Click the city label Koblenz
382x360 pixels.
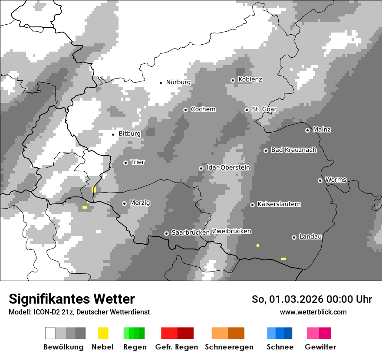(x=250, y=80)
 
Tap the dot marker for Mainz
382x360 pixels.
(x=307, y=130)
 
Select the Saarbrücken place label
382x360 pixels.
(x=191, y=233)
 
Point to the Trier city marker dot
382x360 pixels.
(x=125, y=163)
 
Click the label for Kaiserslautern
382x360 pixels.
(x=279, y=204)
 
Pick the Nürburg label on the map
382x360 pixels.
(x=178, y=82)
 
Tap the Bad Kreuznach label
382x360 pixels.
(x=293, y=150)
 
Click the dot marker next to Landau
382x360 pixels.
(x=294, y=237)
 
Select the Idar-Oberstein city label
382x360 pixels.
(x=228, y=168)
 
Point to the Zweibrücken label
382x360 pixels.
(x=231, y=232)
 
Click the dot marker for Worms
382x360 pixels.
(x=320, y=180)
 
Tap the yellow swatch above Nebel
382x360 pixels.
(x=103, y=333)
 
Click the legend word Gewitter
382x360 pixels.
(x=320, y=347)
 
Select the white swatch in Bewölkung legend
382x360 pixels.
(x=50, y=333)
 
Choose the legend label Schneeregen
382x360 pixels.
(x=229, y=347)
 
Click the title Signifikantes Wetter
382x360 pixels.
(x=72, y=299)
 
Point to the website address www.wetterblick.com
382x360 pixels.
(x=313, y=312)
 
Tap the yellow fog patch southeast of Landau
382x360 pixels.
(x=283, y=259)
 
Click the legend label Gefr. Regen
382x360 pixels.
(x=177, y=347)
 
